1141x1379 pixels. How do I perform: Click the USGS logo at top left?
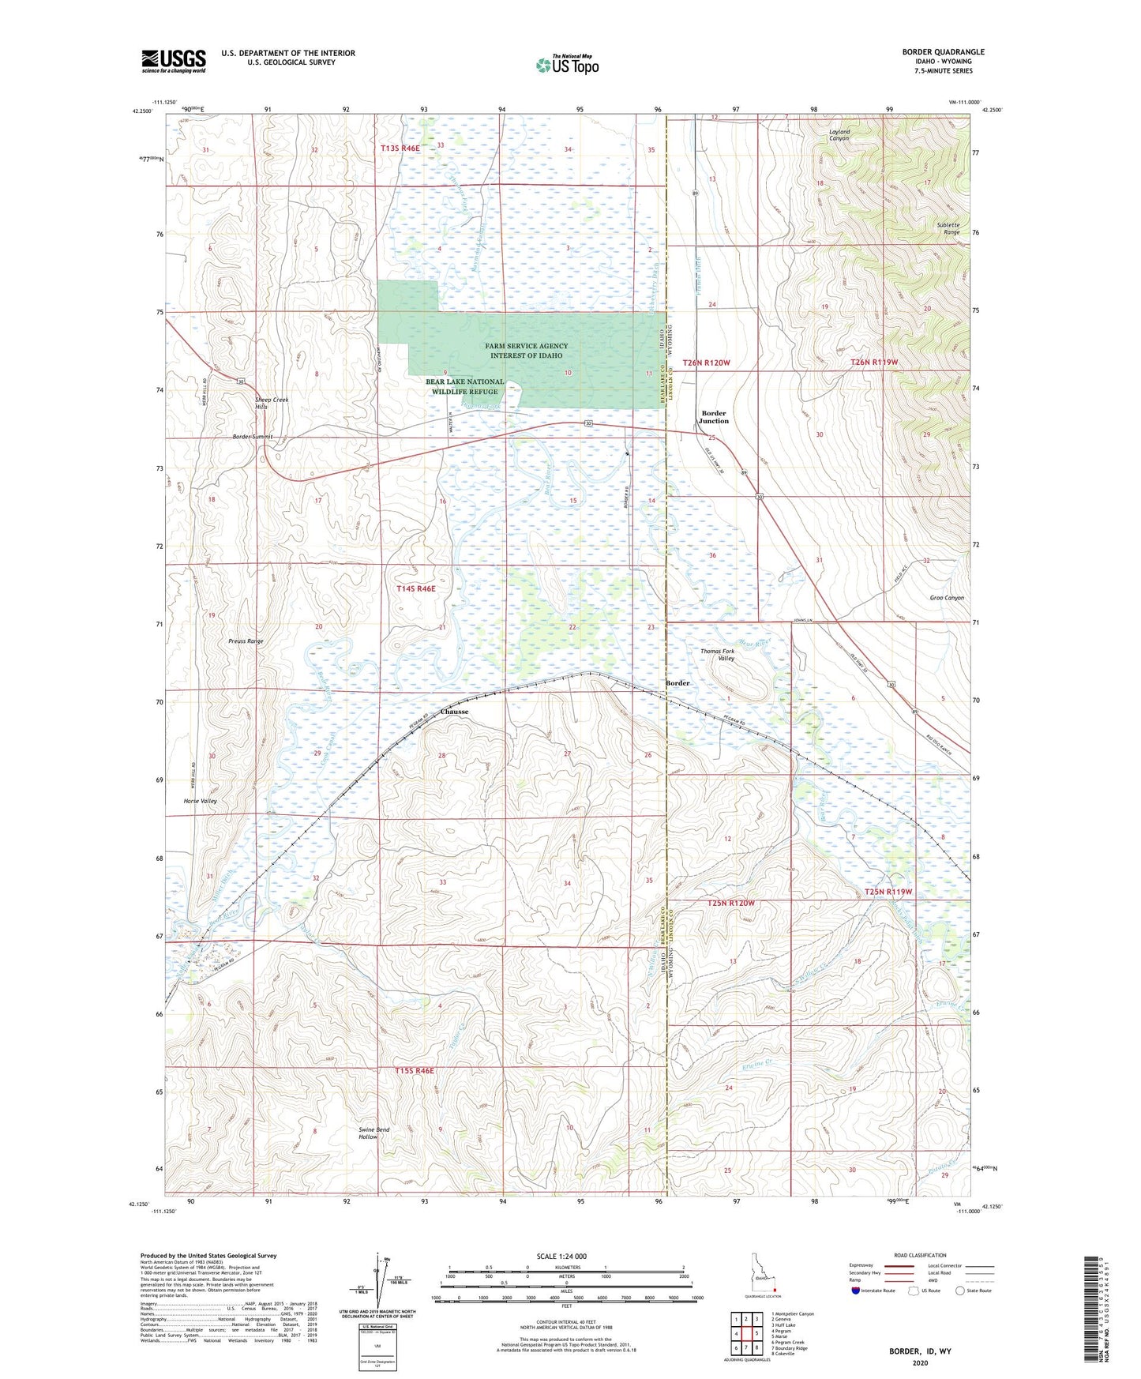(x=174, y=61)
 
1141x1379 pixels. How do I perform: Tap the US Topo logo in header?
(x=567, y=65)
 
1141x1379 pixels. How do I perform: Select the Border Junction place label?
(x=714, y=417)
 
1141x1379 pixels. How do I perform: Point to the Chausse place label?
(x=454, y=712)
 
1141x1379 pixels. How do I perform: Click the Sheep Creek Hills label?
(x=272, y=403)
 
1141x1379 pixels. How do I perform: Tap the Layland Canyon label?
(x=839, y=134)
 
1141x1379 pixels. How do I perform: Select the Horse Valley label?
(x=200, y=801)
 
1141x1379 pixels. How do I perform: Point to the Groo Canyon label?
(x=947, y=598)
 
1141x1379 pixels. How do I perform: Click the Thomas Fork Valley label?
(x=717, y=655)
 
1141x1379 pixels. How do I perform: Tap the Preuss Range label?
(x=245, y=641)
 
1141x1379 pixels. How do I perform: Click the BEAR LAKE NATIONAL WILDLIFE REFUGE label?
(x=464, y=386)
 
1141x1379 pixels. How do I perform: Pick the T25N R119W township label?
(x=888, y=892)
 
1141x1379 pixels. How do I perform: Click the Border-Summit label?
(x=252, y=437)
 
